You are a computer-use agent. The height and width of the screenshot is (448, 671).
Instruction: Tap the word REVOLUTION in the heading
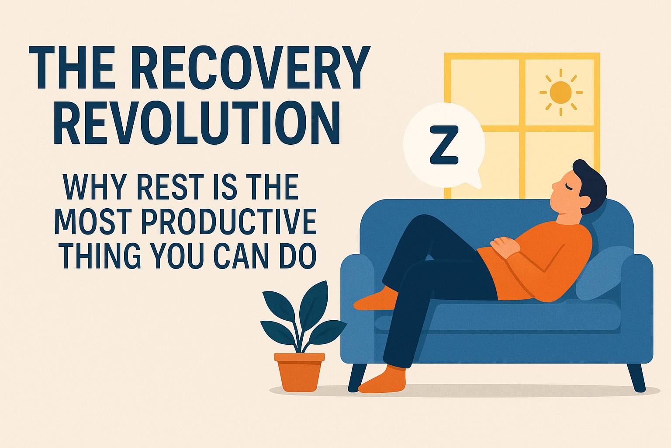pos(197,123)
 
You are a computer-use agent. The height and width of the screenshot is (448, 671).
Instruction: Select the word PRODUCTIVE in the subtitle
pos(229,222)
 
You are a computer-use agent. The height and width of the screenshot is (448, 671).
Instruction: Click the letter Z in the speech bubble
pos(444,145)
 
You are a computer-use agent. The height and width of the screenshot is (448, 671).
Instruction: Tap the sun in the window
pos(561,92)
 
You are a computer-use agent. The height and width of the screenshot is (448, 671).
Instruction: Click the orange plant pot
pos(299,372)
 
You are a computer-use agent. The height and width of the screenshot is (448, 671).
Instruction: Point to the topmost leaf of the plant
pos(315,303)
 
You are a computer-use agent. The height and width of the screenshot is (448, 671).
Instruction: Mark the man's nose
pos(554,186)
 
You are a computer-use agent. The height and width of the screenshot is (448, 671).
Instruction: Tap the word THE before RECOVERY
pos(79,67)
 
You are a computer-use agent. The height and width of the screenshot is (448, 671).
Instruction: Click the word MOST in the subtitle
pos(93,222)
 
